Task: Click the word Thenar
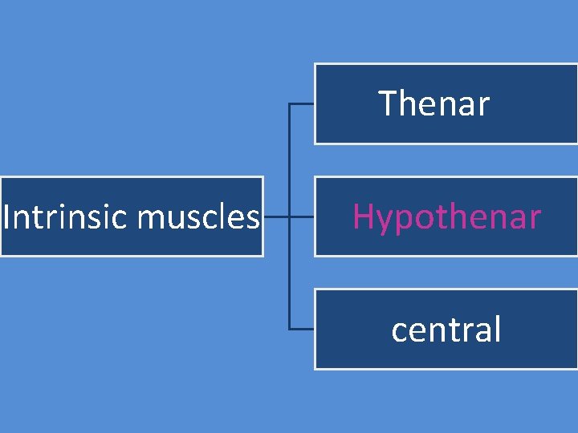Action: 433,103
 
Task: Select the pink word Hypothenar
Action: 446,217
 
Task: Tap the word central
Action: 446,330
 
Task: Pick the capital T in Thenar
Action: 388,103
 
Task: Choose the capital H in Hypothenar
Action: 362,216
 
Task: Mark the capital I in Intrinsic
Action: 6,216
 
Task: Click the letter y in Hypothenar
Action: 382,221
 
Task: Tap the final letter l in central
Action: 497,329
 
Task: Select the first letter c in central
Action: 399,331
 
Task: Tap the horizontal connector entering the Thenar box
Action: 301,103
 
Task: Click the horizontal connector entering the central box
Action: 301,330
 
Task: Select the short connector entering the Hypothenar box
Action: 302,216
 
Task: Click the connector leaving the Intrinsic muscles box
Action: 275,216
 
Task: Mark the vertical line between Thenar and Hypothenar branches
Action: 289,160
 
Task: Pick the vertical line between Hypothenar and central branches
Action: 289,273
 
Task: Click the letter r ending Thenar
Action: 482,106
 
